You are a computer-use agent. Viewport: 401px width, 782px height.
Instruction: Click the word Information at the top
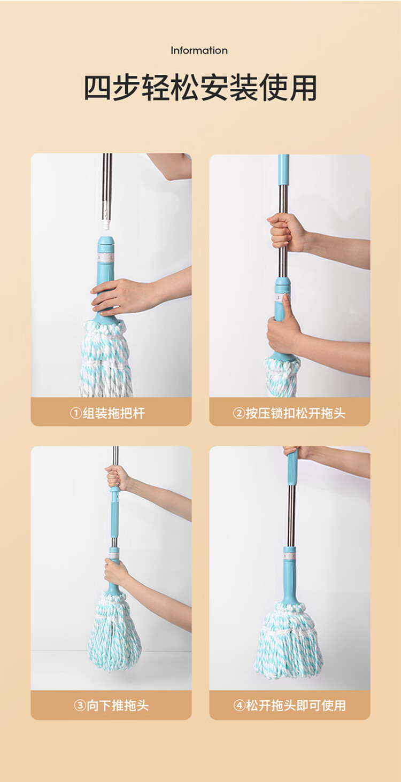tap(199, 50)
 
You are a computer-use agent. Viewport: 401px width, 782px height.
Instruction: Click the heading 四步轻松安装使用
tap(200, 87)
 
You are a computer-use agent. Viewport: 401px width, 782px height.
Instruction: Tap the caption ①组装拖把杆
tap(107, 413)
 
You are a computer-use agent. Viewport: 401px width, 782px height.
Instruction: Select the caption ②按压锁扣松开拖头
tap(289, 413)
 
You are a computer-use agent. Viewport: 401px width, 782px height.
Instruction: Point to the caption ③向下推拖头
tap(111, 706)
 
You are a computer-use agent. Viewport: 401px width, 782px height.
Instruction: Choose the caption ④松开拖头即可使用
tap(290, 706)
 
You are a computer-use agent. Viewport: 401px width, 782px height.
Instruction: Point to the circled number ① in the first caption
tap(76, 413)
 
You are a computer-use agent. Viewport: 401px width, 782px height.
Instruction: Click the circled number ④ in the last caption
tap(240, 706)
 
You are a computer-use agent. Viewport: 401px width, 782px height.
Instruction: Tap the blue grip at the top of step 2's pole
tap(283, 169)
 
